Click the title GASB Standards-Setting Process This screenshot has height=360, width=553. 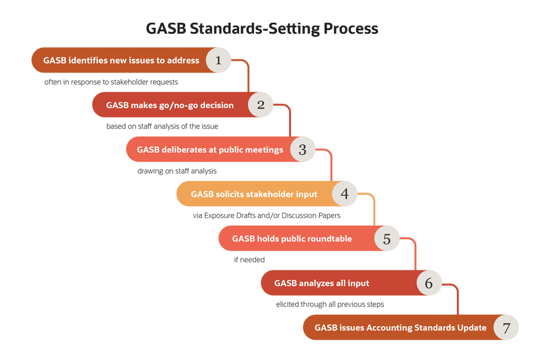(x=262, y=28)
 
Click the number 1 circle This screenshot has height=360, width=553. (x=219, y=60)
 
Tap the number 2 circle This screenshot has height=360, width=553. (x=261, y=105)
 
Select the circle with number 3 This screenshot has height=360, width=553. (x=303, y=149)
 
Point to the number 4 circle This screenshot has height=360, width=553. (x=345, y=194)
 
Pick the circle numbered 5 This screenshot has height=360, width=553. (x=387, y=238)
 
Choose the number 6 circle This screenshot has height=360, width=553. (x=429, y=283)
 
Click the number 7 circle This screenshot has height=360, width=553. (x=506, y=327)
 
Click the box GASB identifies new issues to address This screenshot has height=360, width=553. (x=120, y=60)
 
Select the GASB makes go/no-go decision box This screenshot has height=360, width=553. (x=169, y=105)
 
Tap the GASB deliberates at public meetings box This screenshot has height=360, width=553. (x=210, y=149)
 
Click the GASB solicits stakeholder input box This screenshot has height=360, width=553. (x=254, y=194)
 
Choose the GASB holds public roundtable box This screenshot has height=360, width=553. (x=292, y=238)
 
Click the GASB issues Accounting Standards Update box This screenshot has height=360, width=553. (x=400, y=327)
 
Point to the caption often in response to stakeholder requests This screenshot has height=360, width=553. (x=111, y=82)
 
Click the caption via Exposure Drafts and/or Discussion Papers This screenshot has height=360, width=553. (x=266, y=215)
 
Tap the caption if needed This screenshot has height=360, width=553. (x=249, y=260)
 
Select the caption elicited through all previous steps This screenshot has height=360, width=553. (x=329, y=304)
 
